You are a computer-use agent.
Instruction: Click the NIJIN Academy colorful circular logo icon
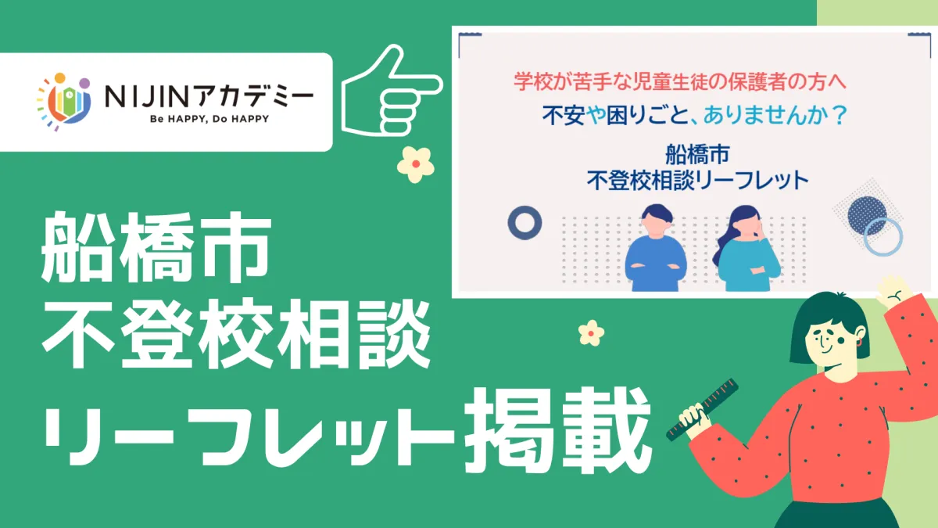point(63,102)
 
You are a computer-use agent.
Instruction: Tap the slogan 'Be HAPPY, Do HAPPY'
point(209,119)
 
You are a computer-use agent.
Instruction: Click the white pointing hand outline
point(392,91)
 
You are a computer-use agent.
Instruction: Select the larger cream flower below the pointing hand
point(415,164)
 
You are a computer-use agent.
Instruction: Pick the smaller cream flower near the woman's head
point(591,333)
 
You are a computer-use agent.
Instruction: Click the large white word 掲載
point(558,432)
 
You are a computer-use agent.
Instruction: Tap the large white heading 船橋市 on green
point(156,247)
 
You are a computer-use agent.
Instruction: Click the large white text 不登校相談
point(237,334)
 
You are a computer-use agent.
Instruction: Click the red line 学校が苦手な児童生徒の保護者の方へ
point(680,81)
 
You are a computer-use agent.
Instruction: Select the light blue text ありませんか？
point(775,115)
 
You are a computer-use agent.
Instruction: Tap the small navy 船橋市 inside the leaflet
point(697,154)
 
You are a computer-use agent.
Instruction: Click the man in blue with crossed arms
point(655,248)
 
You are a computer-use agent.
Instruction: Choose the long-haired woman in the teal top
point(746,248)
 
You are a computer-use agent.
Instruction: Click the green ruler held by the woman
point(702,409)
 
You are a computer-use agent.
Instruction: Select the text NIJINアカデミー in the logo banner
point(209,96)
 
